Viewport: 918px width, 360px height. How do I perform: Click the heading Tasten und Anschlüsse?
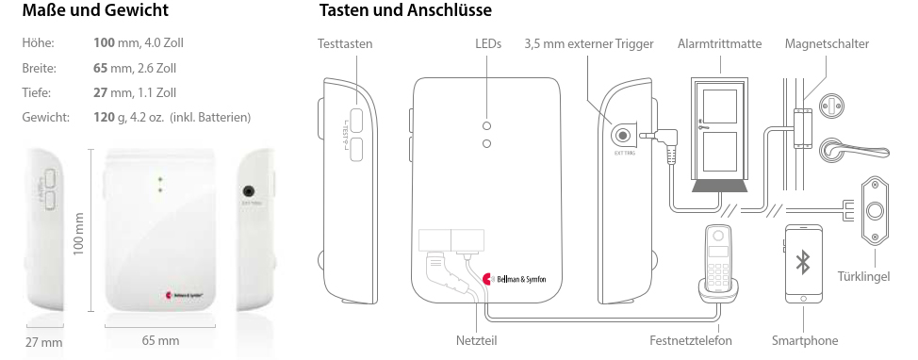point(406,12)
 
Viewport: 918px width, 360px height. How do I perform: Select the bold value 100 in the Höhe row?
point(105,44)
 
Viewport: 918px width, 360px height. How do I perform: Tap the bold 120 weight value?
point(105,117)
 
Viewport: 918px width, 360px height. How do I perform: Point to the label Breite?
point(40,69)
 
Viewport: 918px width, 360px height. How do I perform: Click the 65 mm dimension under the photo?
point(159,339)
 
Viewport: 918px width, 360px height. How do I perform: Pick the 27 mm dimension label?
point(44,341)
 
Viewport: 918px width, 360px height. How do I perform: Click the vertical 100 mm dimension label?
point(79,230)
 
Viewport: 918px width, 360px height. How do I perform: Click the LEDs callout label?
point(488,44)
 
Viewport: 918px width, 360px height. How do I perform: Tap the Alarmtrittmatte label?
point(720,44)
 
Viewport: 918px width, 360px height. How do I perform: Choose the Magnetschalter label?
point(827,44)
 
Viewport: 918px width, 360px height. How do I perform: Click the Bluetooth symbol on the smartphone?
point(803,263)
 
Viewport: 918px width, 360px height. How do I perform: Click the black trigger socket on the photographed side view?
point(251,190)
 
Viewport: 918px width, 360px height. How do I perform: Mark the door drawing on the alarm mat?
point(720,129)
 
